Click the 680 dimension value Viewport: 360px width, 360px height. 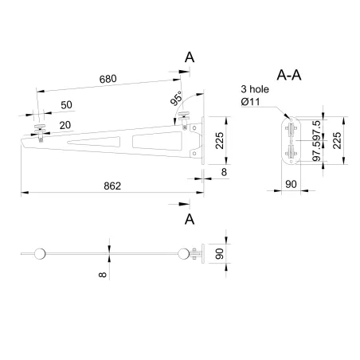pyautogui.click(x=110, y=79)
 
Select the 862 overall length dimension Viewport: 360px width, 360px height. pyautogui.click(x=112, y=186)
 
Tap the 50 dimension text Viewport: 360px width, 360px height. pyautogui.click(x=66, y=105)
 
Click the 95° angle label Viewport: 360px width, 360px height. pyautogui.click(x=176, y=100)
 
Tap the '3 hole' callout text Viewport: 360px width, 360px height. pyautogui.click(x=255, y=90)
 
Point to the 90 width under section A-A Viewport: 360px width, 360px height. pyautogui.click(x=291, y=185)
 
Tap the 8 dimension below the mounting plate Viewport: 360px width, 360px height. pyautogui.click(x=224, y=171)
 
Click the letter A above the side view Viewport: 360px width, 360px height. pyautogui.click(x=190, y=57)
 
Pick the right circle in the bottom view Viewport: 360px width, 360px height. pyautogui.click(x=185, y=254)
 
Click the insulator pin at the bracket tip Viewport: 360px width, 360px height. pyautogui.click(x=40, y=127)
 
